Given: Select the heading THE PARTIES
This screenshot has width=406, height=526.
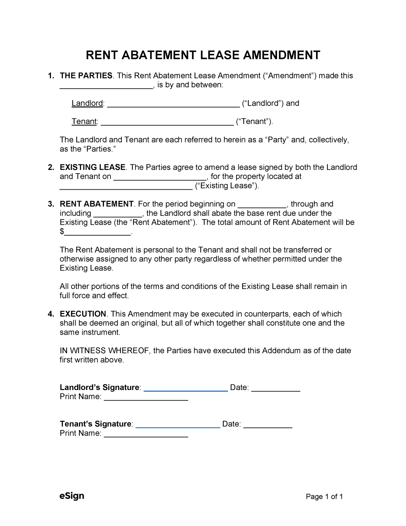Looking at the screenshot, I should coord(86,76).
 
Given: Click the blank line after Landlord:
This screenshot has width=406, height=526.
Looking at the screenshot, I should coord(173,104).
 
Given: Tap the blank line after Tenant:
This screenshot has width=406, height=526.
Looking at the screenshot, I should coord(167,122).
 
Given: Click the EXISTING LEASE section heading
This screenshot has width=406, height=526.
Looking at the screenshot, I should coord(92,167).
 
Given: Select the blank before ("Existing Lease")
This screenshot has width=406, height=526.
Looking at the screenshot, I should coord(126,187).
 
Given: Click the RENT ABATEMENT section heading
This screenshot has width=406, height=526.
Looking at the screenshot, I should coord(96,204).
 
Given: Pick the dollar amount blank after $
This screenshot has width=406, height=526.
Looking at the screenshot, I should coord(97,233).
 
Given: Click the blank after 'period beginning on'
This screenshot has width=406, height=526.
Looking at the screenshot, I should coord(262,205).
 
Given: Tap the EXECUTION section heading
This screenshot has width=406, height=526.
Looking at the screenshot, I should coord(83,314).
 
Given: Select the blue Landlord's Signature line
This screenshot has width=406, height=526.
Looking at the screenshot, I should coord(186,388).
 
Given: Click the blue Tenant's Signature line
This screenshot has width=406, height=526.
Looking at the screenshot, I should coord(178,425).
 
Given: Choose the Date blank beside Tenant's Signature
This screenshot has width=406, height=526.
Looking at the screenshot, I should coord(267,425).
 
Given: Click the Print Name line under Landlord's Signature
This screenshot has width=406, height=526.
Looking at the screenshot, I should coord(146,398).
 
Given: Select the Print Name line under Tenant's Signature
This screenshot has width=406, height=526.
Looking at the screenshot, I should coord(146,434).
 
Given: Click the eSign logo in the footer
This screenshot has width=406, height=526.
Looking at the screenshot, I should coord(72,496).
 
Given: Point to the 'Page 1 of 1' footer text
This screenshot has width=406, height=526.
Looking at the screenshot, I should coord(324,497).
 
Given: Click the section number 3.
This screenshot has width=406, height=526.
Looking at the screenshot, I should coord(51,204).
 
